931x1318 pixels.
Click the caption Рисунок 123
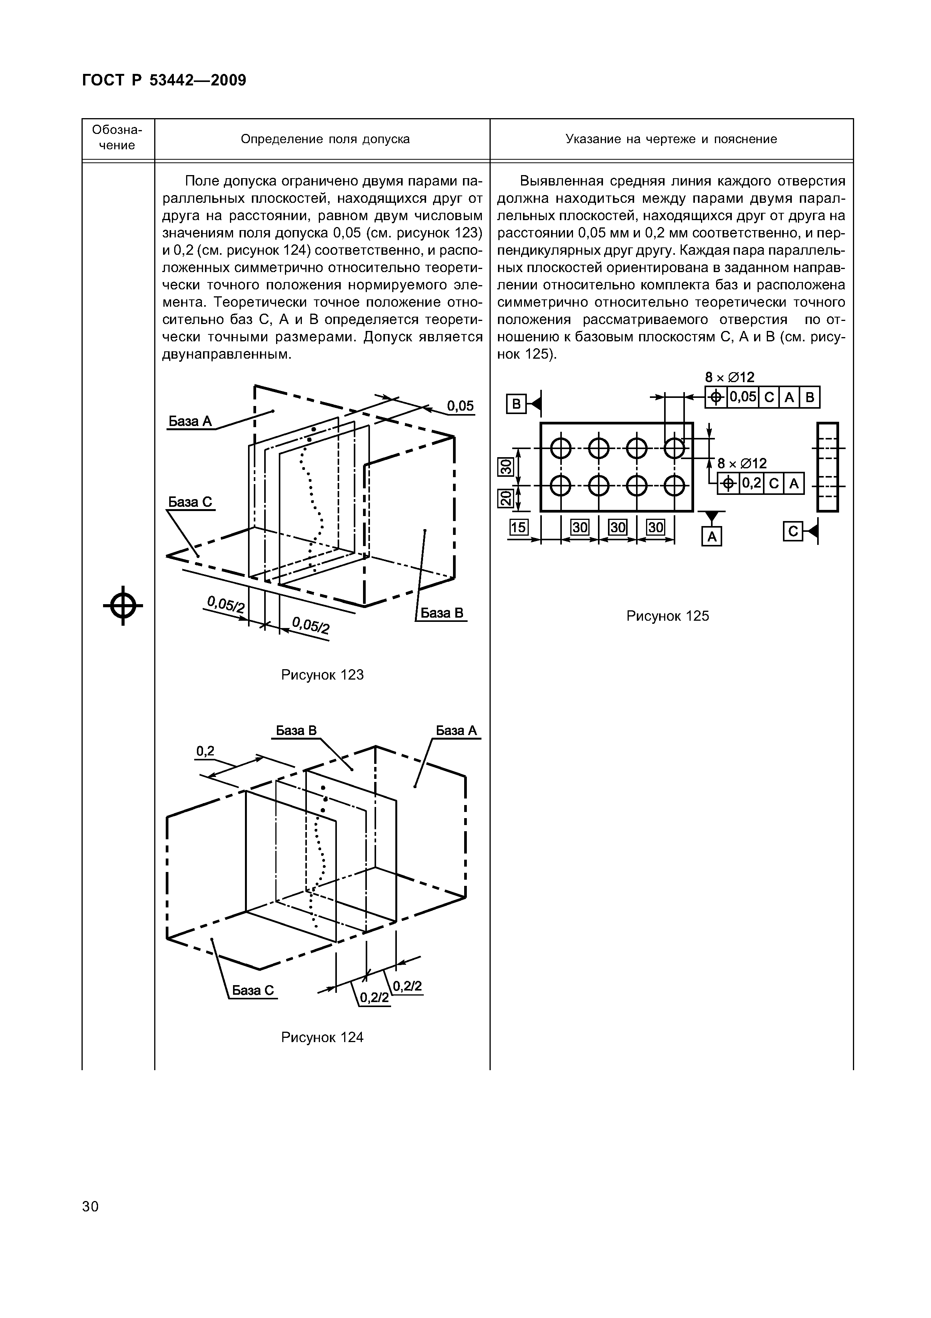pos(322,675)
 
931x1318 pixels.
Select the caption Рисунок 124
pos(322,1037)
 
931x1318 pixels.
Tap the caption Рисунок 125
pos(667,616)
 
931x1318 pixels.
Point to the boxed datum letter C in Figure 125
pos(793,532)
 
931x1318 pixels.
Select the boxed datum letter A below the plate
pos(711,537)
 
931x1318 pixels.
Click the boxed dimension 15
pos(518,527)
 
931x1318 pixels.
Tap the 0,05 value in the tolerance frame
pos(743,397)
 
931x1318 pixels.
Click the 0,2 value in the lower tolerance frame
pos(751,483)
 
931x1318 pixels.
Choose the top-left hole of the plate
pos(560,448)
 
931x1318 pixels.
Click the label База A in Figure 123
pos(190,421)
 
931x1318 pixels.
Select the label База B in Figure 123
pos(442,613)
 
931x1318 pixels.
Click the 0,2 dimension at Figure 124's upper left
pos(205,751)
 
